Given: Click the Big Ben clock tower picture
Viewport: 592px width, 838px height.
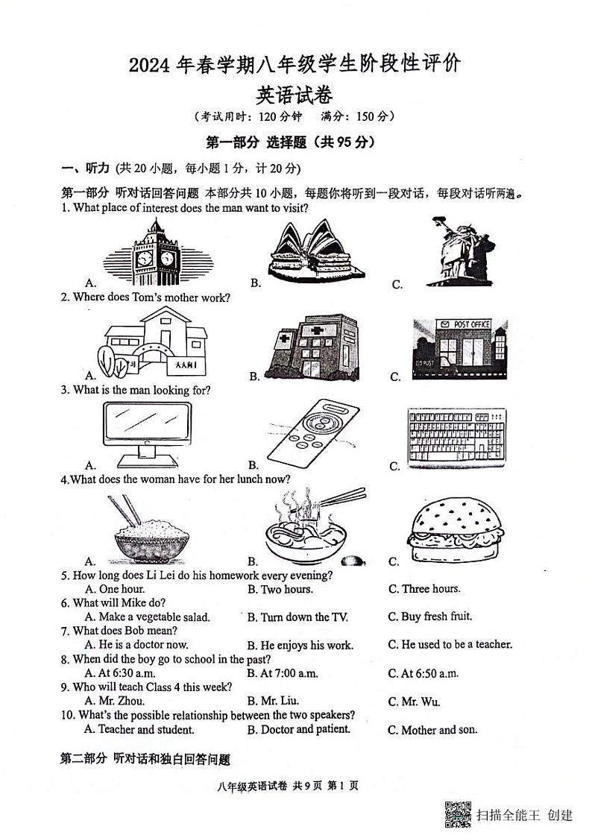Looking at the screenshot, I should pyautogui.click(x=156, y=253).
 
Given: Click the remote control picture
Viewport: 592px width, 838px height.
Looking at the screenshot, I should pyautogui.click(x=312, y=437).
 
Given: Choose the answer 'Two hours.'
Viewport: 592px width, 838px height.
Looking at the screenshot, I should pyautogui.click(x=286, y=590).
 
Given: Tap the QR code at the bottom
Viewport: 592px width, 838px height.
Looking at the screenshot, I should pyautogui.click(x=458, y=813).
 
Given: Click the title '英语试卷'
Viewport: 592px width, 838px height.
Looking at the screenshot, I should pyautogui.click(x=295, y=95).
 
